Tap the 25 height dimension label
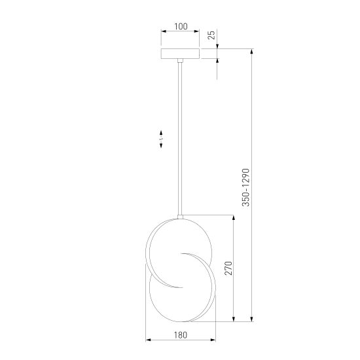[211, 35]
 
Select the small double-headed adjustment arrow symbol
[161, 140]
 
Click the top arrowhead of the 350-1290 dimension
[253, 51]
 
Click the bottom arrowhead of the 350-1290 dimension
[253, 319]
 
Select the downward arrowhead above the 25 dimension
[218, 46]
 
